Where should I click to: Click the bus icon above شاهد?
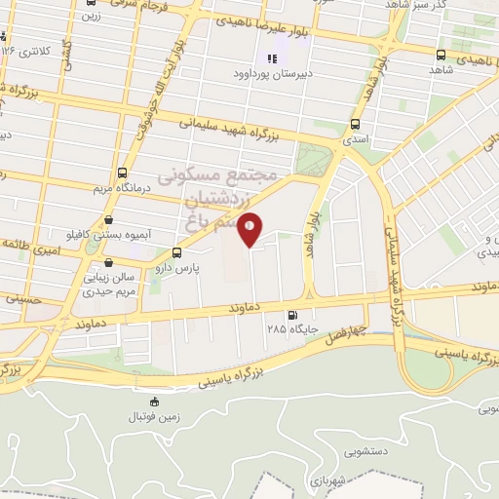441,55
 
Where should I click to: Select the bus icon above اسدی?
355,124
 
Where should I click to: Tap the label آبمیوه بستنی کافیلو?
94,236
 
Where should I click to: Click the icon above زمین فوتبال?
154,401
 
